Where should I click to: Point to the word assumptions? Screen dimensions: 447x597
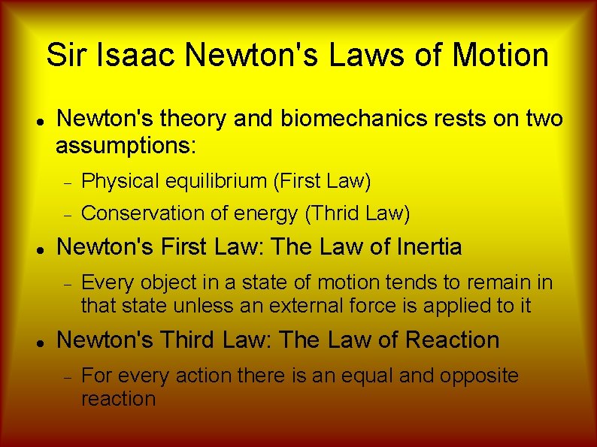(x=126, y=144)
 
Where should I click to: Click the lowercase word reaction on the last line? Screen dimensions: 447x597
(x=118, y=399)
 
